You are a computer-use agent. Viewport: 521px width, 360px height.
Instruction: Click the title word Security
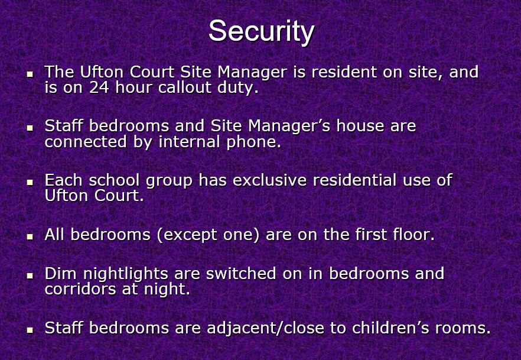tap(261, 31)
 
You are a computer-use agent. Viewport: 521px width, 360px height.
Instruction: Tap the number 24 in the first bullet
tap(99, 87)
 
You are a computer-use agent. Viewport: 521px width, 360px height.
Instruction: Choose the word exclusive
tap(269, 180)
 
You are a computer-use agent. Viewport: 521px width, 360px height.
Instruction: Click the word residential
tap(354, 180)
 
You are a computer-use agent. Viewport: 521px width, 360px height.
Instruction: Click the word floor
tap(413, 234)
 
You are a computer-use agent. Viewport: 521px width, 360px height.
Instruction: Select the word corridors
tap(80, 289)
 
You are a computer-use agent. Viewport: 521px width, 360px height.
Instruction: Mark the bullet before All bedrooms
tap(30, 236)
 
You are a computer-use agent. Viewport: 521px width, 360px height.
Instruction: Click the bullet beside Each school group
tap(30, 182)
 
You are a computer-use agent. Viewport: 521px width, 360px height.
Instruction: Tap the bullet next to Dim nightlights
tap(30, 275)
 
